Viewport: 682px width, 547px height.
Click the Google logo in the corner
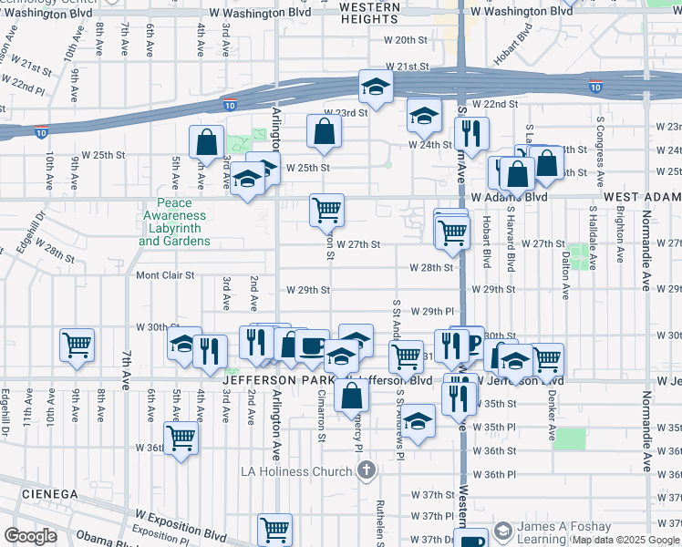pyautogui.click(x=30, y=536)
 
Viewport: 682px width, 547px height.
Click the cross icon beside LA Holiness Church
pyautogui.click(x=366, y=471)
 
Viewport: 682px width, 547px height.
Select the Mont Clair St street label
pyautogui.click(x=165, y=274)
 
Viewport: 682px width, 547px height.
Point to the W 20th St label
pyautogui.click(x=406, y=40)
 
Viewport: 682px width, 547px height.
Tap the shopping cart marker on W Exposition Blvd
pyautogui.click(x=274, y=528)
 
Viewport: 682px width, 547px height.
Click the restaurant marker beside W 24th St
pyautogui.click(x=471, y=131)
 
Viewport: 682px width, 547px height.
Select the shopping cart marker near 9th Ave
pyautogui.click(x=77, y=344)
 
